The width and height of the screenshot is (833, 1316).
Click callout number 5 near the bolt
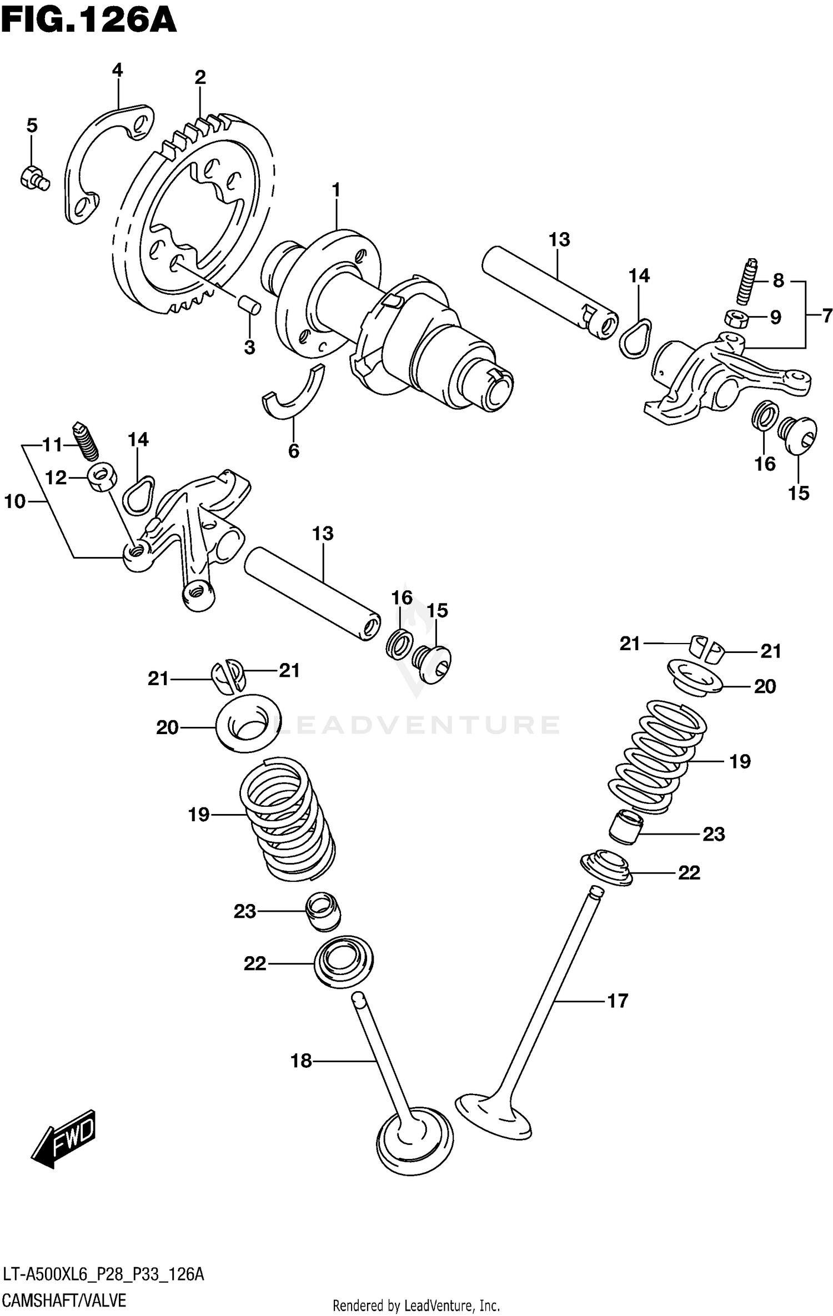32,125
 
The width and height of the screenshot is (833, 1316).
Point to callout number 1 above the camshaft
335,190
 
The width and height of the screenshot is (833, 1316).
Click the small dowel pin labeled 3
249,305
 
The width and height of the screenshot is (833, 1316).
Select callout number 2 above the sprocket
200,77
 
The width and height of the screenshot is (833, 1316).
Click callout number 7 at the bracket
827,315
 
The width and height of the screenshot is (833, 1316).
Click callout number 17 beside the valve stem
617,1001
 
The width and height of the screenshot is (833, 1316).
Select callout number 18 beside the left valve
302,1061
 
